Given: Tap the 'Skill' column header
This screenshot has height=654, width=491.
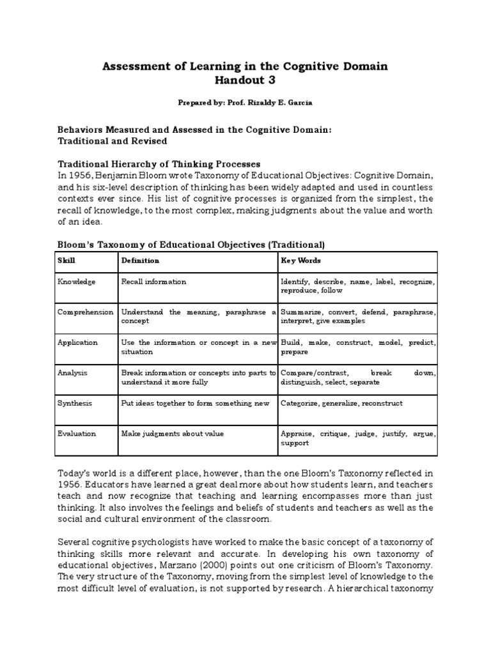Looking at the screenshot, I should pyautogui.click(x=66, y=261).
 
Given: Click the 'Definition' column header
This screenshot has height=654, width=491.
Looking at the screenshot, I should pyautogui.click(x=140, y=261).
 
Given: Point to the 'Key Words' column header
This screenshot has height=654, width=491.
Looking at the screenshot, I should pyautogui.click(x=300, y=261).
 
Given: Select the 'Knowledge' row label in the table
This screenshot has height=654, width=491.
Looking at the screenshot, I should pyautogui.click(x=76, y=282).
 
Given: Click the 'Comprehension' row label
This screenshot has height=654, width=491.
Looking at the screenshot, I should pyautogui.click(x=85, y=312).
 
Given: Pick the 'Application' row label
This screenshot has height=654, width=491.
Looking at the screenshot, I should pyautogui.click(x=77, y=342).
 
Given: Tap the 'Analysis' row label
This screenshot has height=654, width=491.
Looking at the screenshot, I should pyautogui.click(x=72, y=372).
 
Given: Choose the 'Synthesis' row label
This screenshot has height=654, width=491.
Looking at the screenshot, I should pyautogui.click(x=75, y=403).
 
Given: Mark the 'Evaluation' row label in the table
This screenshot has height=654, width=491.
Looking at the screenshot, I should pyautogui.click(x=77, y=434).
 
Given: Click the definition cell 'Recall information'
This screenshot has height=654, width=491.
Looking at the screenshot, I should pyautogui.click(x=153, y=282).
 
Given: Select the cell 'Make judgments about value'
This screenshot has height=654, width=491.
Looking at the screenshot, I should pyautogui.click(x=173, y=434).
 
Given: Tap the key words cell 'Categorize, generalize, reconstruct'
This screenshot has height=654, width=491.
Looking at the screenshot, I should pyautogui.click(x=341, y=403).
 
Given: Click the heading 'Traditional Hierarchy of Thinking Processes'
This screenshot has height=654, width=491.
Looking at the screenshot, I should pyautogui.click(x=159, y=163).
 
